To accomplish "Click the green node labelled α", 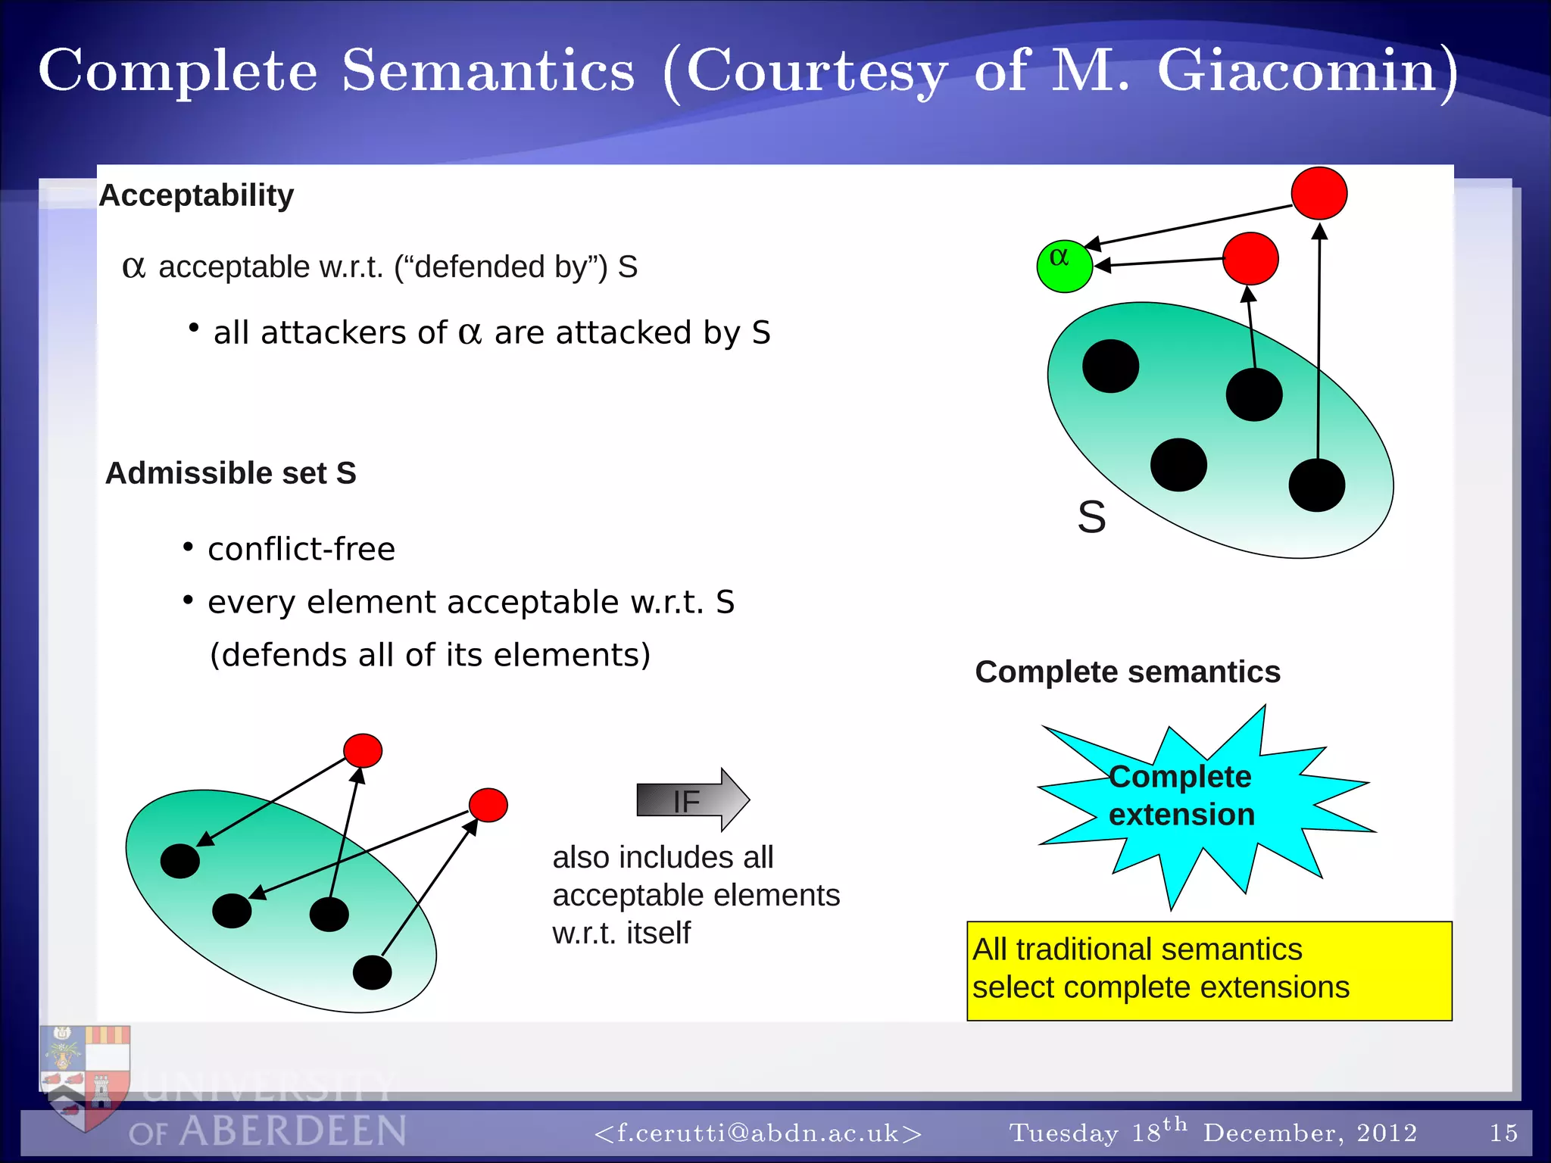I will coord(1064,267).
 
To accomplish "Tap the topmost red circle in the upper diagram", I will coord(1319,194).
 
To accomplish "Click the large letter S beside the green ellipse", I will coord(1091,518).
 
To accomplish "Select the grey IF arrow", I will coord(691,800).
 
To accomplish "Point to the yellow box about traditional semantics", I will coord(1209,971).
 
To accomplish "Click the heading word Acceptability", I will coord(196,195).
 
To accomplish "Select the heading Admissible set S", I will coord(230,473).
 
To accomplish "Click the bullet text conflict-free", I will coord(301,549).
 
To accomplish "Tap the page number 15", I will coord(1503,1133).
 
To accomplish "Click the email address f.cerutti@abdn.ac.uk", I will coord(758,1133).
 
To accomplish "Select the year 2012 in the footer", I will coord(1386,1133).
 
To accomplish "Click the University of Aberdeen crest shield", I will coord(85,1075).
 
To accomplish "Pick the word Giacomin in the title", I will coord(1297,70).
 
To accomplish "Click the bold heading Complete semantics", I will coord(1127,672).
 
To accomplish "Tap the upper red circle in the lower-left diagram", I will coord(363,750).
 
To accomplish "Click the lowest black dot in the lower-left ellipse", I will coord(372,972).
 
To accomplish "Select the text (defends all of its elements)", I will coord(429,655).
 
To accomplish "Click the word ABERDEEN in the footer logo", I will coord(293,1132).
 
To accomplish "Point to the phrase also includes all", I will coord(663,858).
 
